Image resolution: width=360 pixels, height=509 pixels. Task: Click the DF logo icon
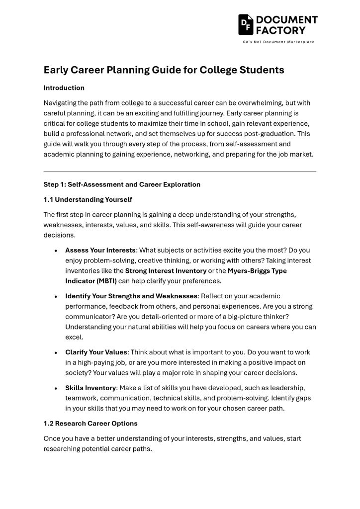(x=246, y=24)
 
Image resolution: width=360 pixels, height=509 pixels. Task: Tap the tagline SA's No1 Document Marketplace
(x=278, y=42)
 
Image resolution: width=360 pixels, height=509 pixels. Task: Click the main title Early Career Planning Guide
(x=164, y=70)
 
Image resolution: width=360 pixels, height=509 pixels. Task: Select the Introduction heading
(x=64, y=88)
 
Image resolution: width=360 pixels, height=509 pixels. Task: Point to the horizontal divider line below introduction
(x=180, y=171)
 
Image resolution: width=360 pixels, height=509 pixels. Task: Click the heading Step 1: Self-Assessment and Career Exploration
(x=122, y=184)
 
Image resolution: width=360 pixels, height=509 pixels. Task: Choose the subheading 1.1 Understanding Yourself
(x=88, y=199)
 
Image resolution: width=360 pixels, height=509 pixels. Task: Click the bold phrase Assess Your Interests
(x=100, y=250)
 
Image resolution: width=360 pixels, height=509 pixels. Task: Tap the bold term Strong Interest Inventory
(x=166, y=271)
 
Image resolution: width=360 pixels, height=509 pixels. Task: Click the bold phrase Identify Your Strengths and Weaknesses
(x=131, y=296)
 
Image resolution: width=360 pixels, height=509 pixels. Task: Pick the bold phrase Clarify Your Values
(x=96, y=352)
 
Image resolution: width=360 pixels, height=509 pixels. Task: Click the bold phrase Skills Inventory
(x=90, y=388)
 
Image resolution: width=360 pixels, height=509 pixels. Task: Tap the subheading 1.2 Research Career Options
(x=90, y=424)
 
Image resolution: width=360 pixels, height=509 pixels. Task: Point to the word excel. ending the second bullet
(x=74, y=337)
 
